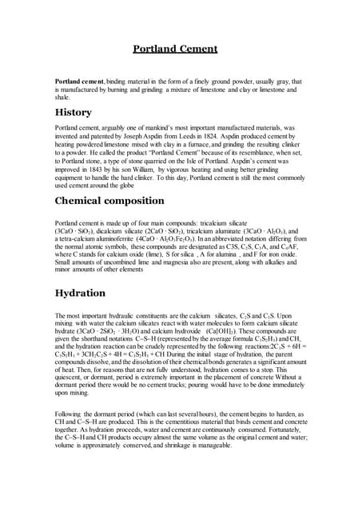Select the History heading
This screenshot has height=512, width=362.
73,112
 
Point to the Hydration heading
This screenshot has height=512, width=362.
82,294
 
